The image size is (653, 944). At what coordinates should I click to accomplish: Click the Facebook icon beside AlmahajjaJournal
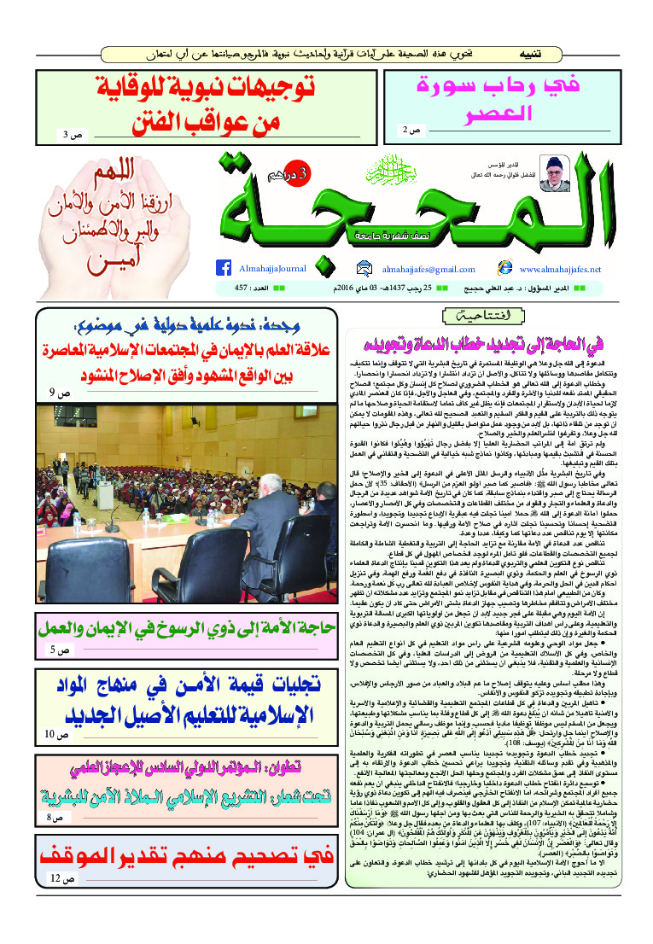coord(224,268)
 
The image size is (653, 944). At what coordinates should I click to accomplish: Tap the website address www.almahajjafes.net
coord(560,269)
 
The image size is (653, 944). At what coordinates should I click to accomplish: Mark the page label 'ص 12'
coord(57,903)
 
